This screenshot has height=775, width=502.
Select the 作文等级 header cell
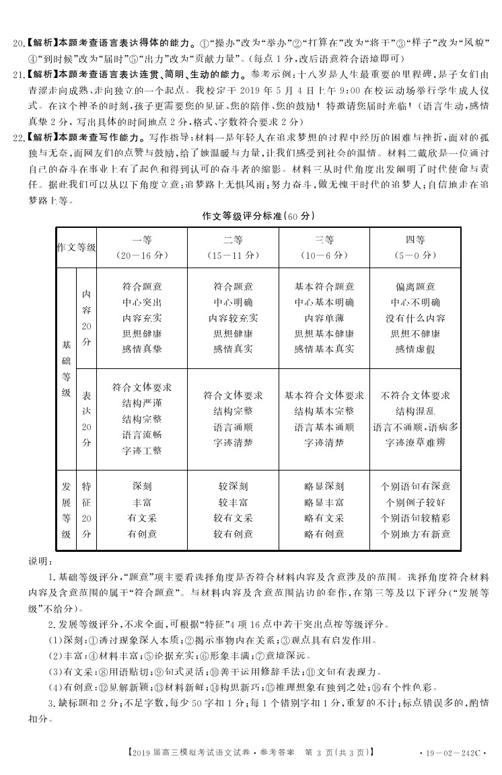pos(75,247)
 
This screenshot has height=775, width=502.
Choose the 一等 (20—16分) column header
pos(142,247)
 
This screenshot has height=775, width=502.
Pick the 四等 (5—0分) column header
pos(415,247)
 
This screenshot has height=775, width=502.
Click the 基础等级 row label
pos(66,368)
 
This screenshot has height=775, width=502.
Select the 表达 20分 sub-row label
pos(86,419)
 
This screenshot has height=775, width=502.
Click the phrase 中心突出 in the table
pos(142,302)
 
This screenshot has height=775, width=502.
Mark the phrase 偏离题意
pos(415,286)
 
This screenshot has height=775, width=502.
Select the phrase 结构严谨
pos(142,403)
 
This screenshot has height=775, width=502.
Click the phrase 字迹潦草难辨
pos(415,442)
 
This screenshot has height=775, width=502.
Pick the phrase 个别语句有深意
pos(415,486)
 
